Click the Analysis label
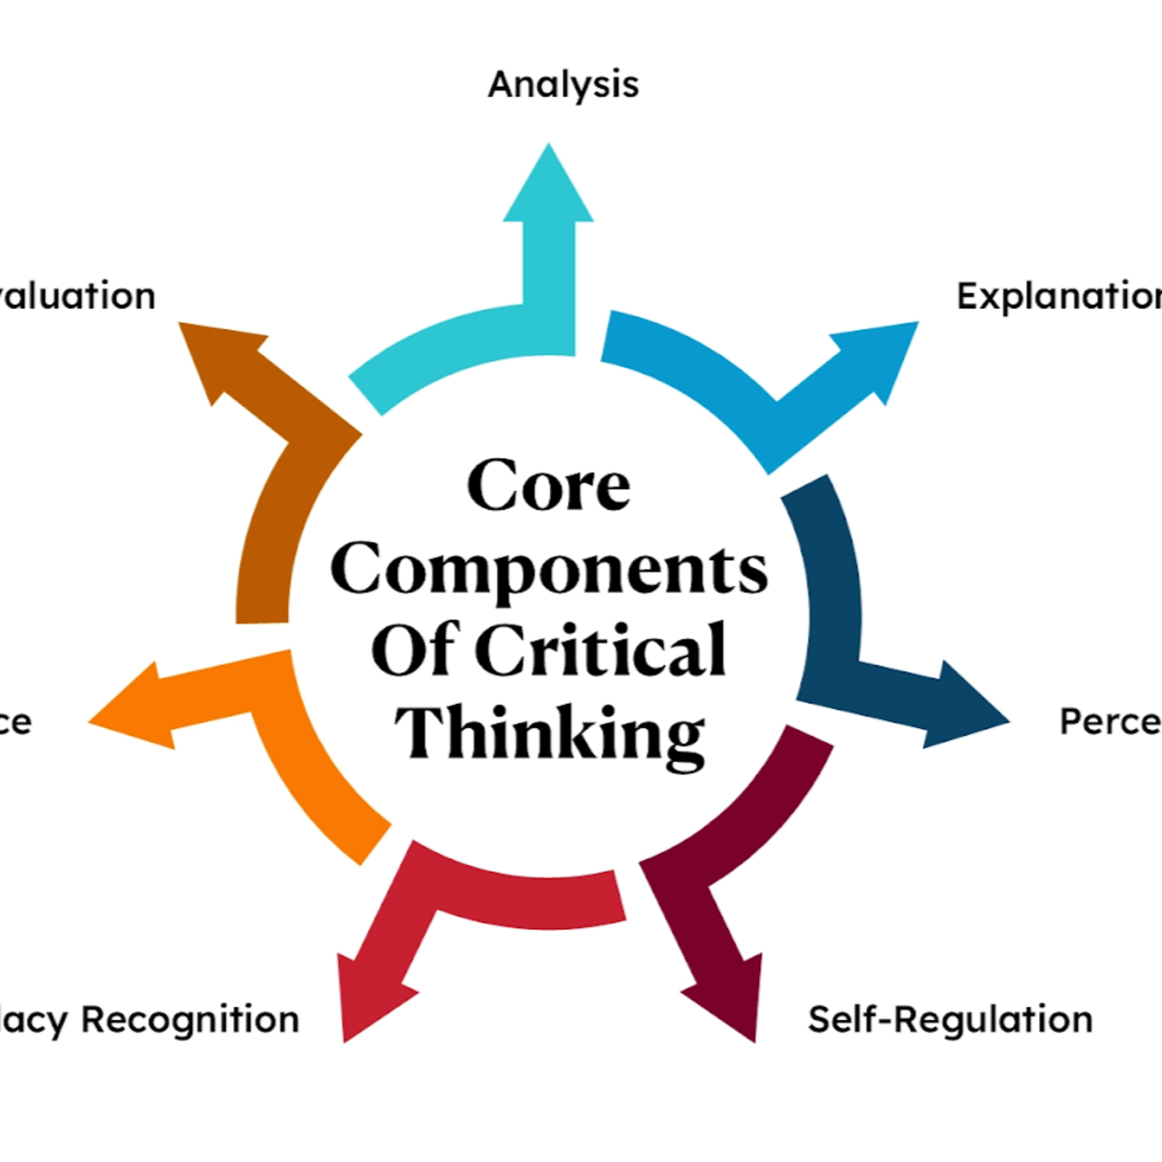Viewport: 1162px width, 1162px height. (x=563, y=85)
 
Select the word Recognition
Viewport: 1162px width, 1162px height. (x=190, y=1021)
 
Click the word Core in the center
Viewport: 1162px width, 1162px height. (x=548, y=485)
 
